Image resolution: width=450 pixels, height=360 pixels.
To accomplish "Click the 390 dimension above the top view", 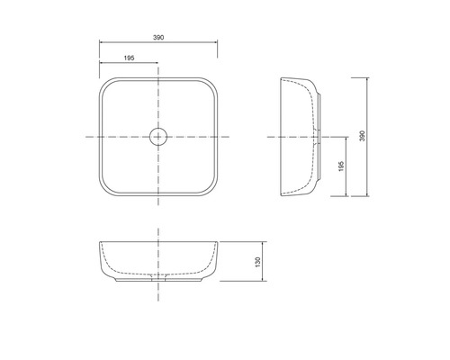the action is (x=158, y=38).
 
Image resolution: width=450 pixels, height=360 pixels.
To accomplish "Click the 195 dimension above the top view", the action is (x=129, y=58).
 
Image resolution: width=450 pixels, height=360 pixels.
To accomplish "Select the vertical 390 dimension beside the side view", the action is (x=363, y=136).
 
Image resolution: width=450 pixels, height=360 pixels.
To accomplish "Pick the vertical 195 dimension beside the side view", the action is (x=341, y=166).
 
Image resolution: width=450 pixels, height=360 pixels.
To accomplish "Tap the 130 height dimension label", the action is (x=257, y=262).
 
